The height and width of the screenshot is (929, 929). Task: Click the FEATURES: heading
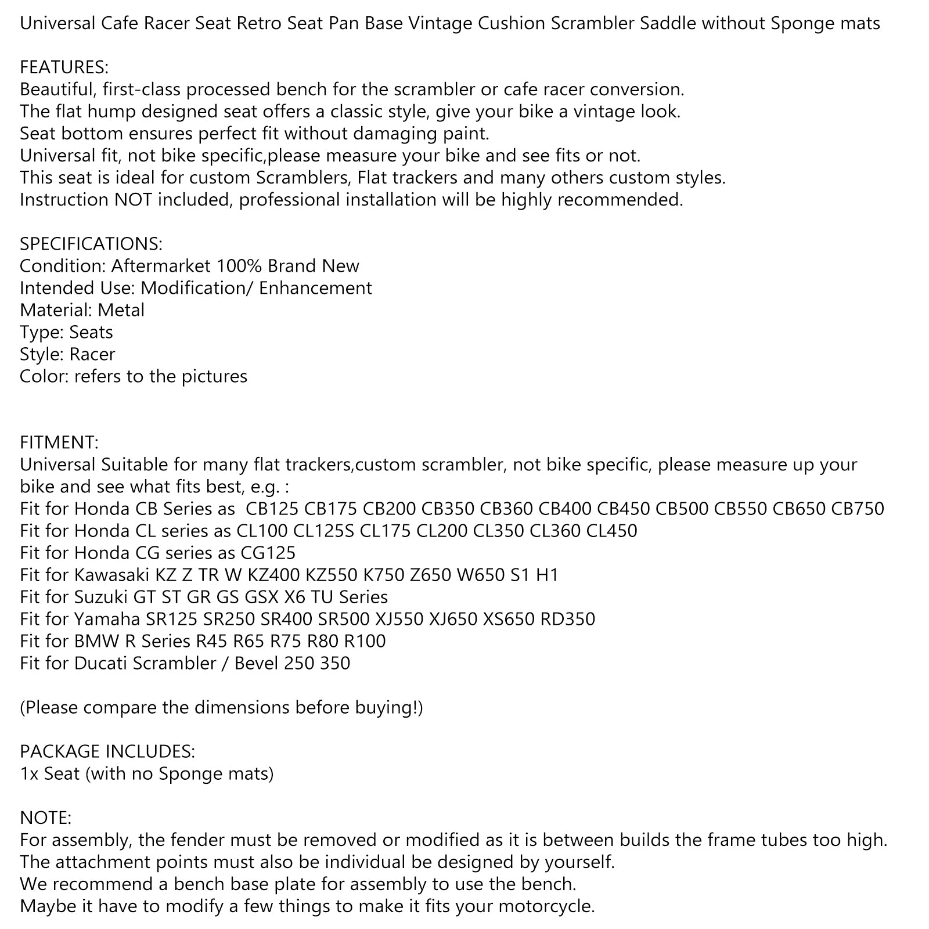[x=64, y=67]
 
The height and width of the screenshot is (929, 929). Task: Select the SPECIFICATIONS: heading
[x=91, y=244]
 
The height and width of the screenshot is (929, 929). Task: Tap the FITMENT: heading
[x=59, y=442]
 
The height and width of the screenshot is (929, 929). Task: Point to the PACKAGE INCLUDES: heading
[x=107, y=751]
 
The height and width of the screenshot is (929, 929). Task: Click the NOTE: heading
[x=45, y=818]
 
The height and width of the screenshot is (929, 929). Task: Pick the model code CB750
[x=858, y=509]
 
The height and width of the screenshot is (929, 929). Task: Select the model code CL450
[x=612, y=531]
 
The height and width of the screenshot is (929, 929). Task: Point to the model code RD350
[x=568, y=619]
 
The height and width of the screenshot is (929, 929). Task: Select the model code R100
[x=365, y=641]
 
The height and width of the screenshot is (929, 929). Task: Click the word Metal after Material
[x=121, y=310]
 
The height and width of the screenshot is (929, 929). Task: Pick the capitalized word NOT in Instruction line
[x=133, y=200]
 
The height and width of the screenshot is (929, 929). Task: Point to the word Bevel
[x=257, y=663]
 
